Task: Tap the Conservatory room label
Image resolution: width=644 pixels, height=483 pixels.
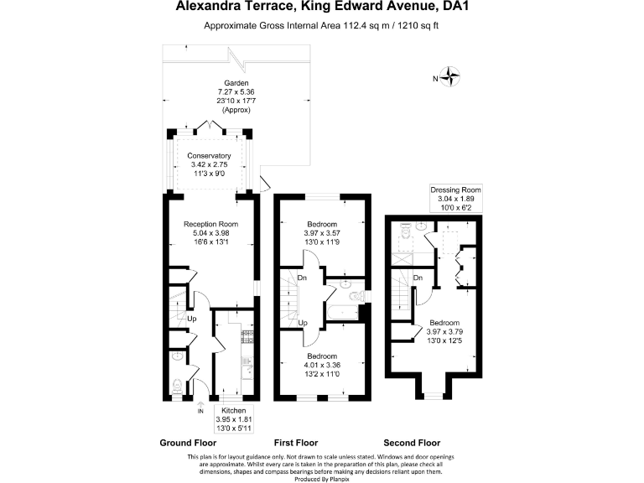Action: pyautogui.click(x=209, y=156)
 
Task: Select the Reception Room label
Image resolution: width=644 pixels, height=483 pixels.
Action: pyautogui.click(x=211, y=225)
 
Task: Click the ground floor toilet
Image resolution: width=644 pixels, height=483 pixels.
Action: pyautogui.click(x=176, y=386)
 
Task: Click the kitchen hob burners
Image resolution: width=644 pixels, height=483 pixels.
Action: pyautogui.click(x=248, y=338)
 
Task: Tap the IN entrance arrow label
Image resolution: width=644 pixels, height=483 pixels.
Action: pyautogui.click(x=200, y=411)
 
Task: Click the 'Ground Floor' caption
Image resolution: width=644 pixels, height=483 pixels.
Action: pyautogui.click(x=188, y=443)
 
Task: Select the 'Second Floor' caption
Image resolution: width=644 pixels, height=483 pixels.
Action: pyautogui.click(x=412, y=443)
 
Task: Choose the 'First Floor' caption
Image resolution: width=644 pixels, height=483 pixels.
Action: pyautogui.click(x=299, y=443)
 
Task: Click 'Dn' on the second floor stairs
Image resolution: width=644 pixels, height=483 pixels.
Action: pyautogui.click(x=418, y=277)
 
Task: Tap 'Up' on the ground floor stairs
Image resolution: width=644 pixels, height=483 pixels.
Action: pyautogui.click(x=191, y=319)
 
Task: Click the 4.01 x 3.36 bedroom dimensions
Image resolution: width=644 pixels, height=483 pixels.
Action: pyautogui.click(x=322, y=364)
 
